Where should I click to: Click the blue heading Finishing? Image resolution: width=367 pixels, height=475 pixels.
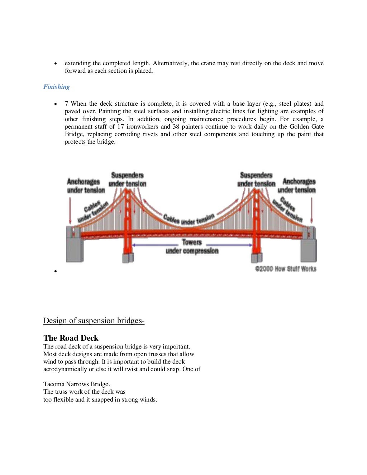(57, 87)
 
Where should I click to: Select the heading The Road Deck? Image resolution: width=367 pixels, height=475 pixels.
(71, 338)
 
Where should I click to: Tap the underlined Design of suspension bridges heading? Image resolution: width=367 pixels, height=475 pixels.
(94, 321)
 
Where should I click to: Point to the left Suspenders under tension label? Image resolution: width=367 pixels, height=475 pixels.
(127, 179)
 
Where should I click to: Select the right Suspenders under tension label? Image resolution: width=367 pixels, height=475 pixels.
(256, 179)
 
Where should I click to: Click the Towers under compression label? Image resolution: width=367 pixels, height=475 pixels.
(192, 246)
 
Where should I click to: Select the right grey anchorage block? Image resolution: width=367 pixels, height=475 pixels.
(309, 247)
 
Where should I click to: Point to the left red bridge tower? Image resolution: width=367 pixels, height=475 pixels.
(128, 222)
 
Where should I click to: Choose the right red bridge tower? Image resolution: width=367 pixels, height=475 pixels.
(256, 222)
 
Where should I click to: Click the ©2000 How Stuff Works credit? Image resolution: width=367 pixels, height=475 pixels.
(286, 269)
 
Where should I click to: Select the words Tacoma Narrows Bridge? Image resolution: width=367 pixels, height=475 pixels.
(76, 384)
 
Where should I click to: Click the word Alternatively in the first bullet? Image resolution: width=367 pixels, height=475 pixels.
(170, 63)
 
